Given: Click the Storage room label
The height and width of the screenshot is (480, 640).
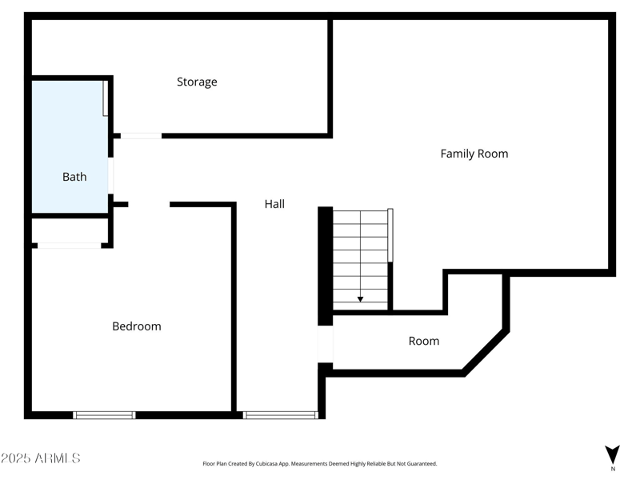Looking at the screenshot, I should coord(197,82).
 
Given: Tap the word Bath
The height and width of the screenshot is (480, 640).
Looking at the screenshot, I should coord(74,177).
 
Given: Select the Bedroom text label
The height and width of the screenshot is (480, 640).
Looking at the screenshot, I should coord(136,326).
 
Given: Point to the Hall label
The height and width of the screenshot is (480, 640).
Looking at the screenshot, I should coord(274,204).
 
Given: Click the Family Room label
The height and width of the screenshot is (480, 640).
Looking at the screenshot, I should coord(474,154).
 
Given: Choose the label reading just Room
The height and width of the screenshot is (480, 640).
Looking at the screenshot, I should coord(423,341).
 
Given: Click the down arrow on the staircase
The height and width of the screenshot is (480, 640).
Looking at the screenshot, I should coord(360,298).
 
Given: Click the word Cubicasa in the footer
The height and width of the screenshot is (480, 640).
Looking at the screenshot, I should coord(264,464).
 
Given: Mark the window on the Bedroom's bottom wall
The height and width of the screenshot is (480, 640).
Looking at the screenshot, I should coord(104,415).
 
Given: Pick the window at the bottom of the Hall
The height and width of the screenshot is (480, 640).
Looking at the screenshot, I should coord(280,415).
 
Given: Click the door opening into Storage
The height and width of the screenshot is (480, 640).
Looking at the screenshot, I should coord(141,136).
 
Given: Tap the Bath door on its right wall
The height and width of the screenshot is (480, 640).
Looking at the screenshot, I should coord(110,176).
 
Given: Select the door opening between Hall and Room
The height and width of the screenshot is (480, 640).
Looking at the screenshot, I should coord(325,345).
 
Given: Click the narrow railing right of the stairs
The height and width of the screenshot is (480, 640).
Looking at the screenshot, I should coord(390,234).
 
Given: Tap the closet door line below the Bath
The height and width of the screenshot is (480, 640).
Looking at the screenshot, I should coord(69,246).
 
